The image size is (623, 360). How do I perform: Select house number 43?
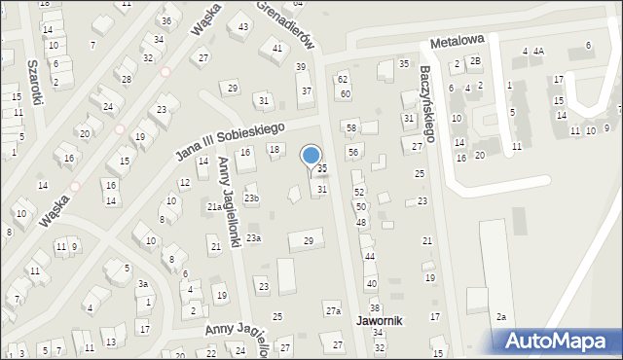coord(242,26)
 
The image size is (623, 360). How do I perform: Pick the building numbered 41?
coord(277,48)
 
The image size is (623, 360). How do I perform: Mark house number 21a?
coord(215,206)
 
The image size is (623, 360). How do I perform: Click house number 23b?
coord(252,198)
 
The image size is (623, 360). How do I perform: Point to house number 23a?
coord(253,238)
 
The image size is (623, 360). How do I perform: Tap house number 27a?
coord(333,310)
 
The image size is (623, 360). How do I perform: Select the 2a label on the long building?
coord(501,316)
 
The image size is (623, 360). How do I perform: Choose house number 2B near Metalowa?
coord(475,61)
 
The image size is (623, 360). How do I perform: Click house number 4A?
coord(538,51)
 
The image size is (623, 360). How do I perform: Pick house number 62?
coord(343,79)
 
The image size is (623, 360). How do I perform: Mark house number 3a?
coord(142,284)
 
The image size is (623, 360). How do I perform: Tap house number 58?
coord(351,128)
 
